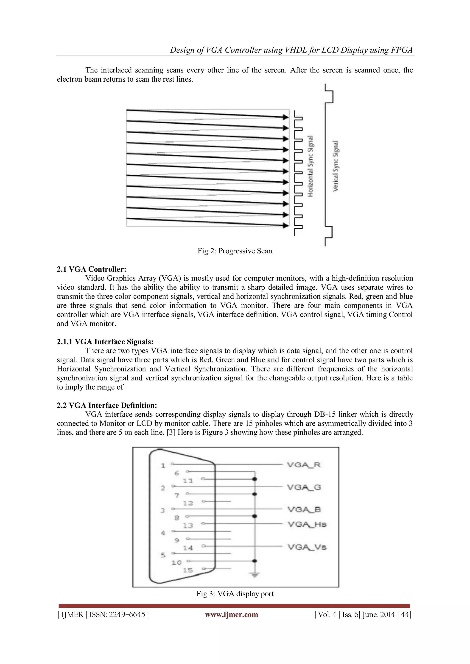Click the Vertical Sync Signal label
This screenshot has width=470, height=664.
coord(336,166)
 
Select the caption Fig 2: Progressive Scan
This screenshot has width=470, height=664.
coord(235,251)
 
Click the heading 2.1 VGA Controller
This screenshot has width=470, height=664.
coord(92,269)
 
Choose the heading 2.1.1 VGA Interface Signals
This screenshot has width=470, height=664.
coord(105,342)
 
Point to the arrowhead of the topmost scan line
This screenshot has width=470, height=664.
coord(286,117)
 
